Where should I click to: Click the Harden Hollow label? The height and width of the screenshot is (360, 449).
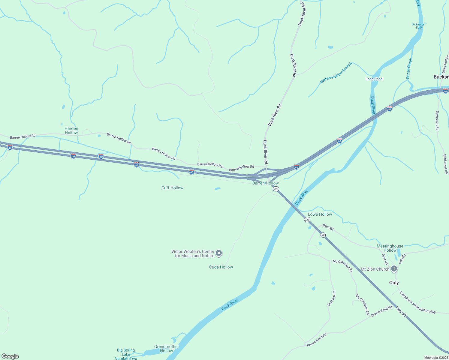(71, 130)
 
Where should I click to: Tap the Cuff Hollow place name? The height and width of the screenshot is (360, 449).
(172, 188)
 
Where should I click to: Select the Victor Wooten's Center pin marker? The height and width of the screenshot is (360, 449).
(219, 253)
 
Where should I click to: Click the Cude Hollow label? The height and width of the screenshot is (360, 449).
(221, 267)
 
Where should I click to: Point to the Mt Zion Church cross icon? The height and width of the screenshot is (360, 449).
(394, 269)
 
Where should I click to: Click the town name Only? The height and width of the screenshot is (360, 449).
(394, 283)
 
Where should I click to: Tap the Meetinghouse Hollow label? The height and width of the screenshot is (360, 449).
(390, 248)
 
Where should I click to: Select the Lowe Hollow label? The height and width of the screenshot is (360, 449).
(320, 214)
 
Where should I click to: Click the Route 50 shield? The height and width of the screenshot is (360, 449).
(323, 235)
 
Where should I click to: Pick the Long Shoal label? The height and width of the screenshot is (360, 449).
(374, 79)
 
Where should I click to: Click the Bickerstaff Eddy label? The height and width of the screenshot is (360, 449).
(419, 26)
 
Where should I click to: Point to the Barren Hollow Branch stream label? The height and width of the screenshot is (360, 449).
(336, 73)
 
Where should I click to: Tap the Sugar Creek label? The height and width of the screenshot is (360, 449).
(409, 68)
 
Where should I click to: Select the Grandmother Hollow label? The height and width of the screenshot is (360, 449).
(167, 349)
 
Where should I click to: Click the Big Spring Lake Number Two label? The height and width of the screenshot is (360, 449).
(126, 354)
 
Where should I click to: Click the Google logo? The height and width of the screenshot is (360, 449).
(10, 356)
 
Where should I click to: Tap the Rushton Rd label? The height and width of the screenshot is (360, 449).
(331, 298)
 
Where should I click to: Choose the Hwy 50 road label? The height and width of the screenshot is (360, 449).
(401, 312)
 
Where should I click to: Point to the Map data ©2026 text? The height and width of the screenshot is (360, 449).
(436, 358)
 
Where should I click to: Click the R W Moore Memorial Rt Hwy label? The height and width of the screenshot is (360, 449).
(417, 302)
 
